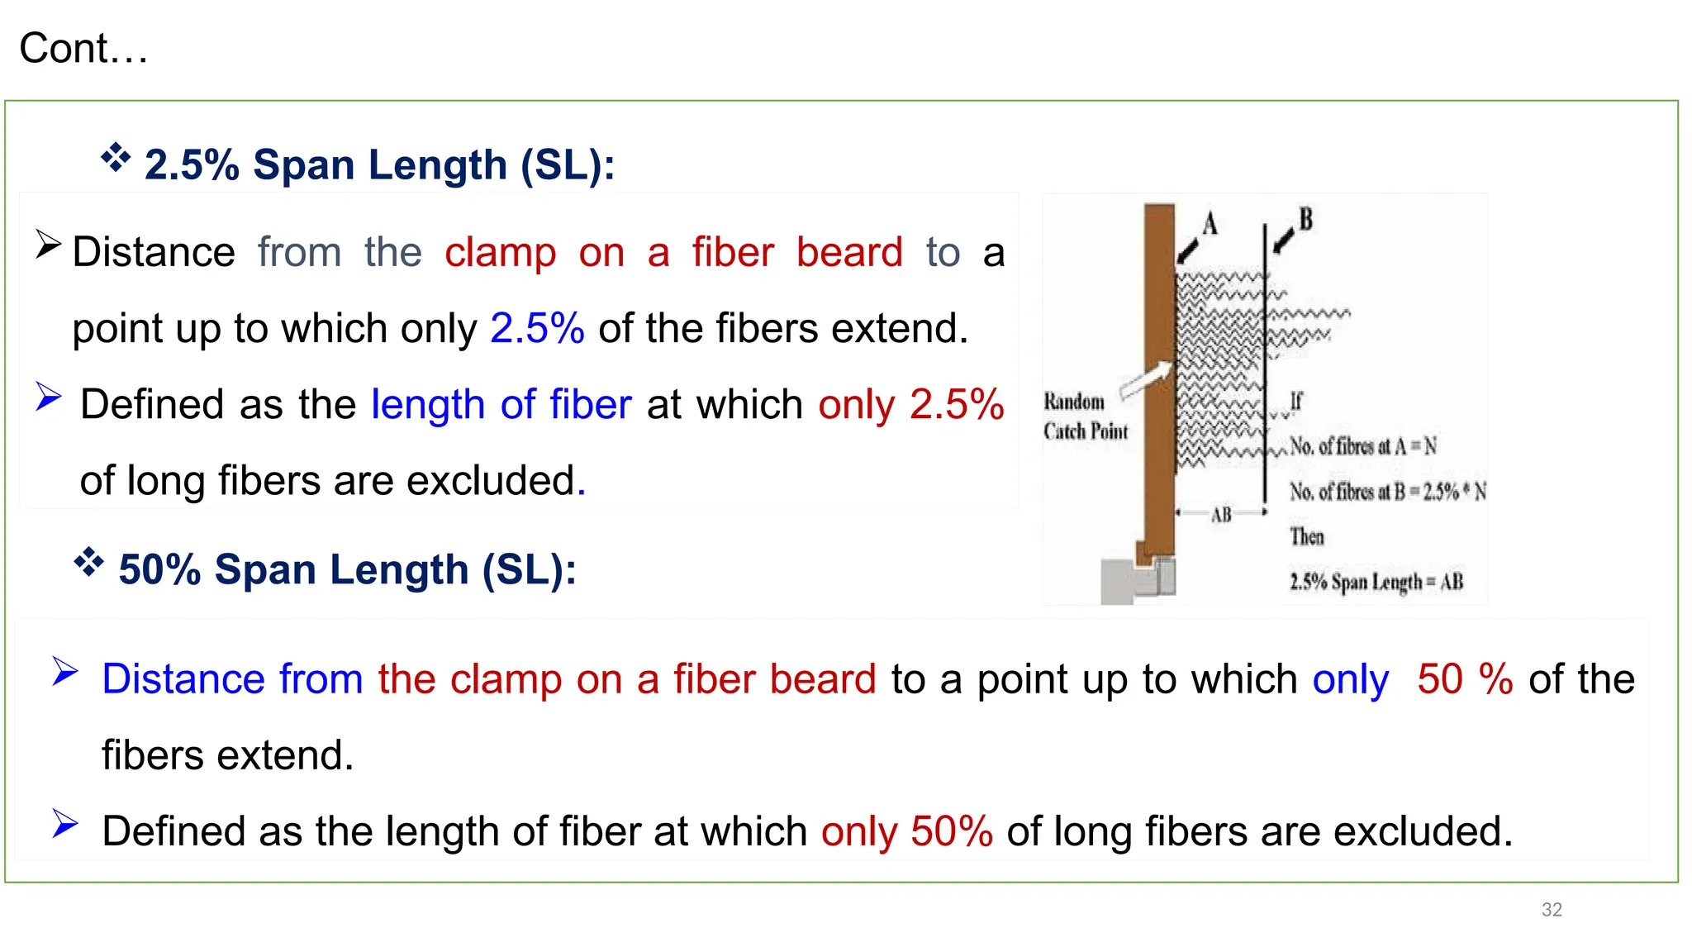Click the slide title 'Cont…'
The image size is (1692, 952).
coord(83,49)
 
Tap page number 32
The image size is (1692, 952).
coord(1552,910)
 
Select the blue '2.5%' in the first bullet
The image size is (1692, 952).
coord(537,328)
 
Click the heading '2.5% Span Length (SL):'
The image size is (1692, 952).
coord(379,164)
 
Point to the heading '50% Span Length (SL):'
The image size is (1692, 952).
coord(347,569)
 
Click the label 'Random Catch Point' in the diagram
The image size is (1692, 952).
coord(1085,416)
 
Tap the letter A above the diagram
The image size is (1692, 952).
coord(1210,223)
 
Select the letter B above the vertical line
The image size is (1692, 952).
coord(1305,219)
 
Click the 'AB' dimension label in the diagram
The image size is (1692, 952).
coord(1221,515)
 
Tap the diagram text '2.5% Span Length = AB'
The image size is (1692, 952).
coord(1376,582)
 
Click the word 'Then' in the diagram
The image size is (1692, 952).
coord(1307,537)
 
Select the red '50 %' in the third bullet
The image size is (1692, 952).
coord(1465,679)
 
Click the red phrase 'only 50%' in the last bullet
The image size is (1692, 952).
coord(906,831)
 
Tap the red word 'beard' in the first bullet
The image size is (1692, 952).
coord(849,252)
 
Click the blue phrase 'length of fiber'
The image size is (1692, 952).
coord(501,405)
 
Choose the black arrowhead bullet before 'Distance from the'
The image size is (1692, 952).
coord(48,245)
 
